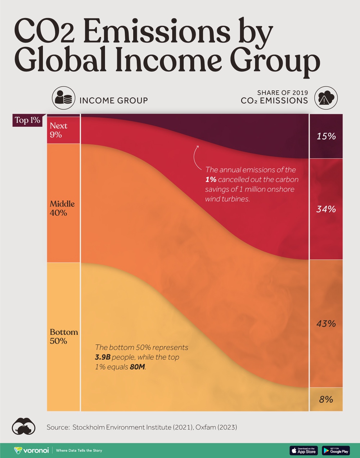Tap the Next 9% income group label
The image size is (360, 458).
(58, 130)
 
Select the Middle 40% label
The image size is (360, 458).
(62, 208)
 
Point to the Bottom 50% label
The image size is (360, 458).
(64, 336)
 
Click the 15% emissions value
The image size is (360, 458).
(326, 136)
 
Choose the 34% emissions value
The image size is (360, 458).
(326, 209)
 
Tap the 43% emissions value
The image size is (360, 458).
(326, 324)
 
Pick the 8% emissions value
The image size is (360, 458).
(326, 399)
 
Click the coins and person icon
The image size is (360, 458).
(63, 97)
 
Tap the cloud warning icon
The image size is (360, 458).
(326, 97)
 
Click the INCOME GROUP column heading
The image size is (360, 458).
(113, 101)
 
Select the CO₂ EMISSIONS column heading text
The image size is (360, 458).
(274, 101)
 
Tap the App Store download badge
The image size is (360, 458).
(303, 450)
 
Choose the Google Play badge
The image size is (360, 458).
(336, 450)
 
